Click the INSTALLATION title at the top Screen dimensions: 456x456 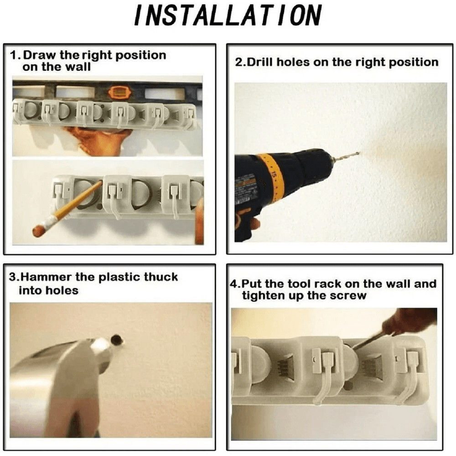(228, 16)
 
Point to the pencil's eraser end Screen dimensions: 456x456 (38, 231)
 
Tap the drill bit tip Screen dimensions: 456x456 (359, 152)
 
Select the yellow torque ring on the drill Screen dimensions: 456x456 (273, 177)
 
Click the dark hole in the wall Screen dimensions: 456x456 (117, 340)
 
